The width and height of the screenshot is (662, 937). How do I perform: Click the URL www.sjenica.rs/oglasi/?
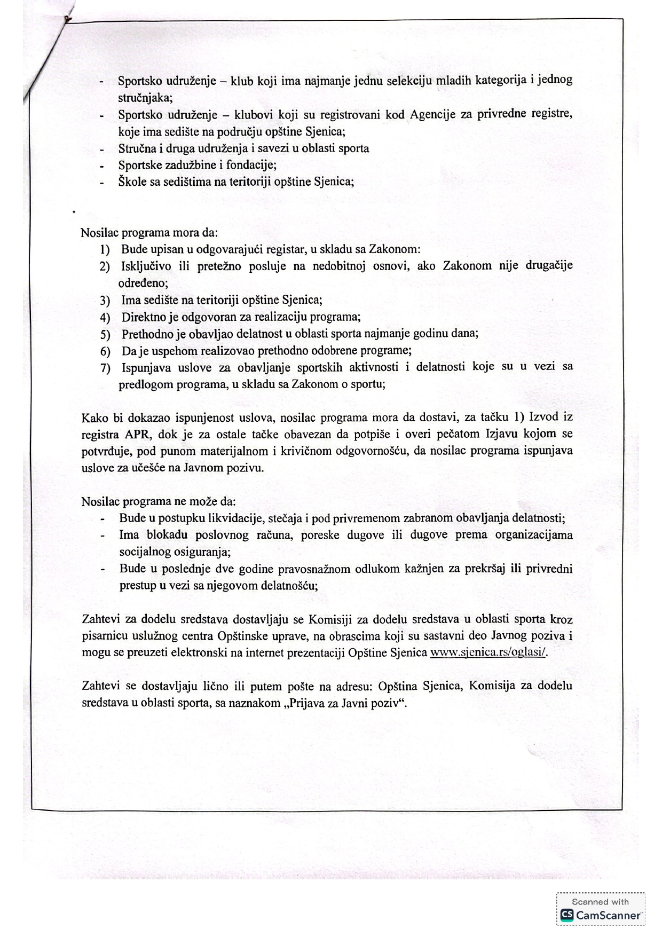click(x=488, y=652)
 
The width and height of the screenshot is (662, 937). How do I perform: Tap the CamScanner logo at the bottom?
click(x=601, y=915)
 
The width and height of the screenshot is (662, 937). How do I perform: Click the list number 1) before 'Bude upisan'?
click(x=105, y=249)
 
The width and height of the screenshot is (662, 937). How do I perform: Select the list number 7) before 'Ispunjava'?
click(x=105, y=367)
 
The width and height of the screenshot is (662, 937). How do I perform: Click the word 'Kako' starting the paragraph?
click(x=94, y=418)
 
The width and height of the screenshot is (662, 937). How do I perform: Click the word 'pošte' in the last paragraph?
click(x=303, y=686)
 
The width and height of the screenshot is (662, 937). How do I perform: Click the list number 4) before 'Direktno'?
click(x=105, y=318)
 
